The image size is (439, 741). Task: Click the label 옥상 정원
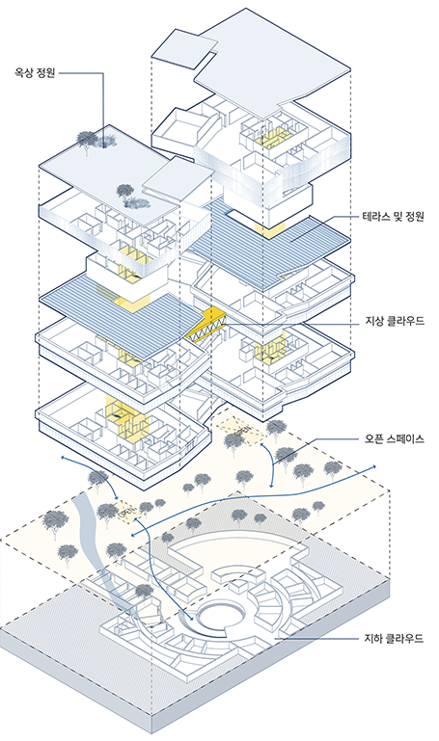35,73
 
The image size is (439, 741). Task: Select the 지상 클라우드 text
395,321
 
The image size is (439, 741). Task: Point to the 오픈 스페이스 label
395,439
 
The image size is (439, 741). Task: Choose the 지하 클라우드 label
394,639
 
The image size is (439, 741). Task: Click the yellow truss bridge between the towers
206,323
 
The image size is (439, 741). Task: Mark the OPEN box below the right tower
239,431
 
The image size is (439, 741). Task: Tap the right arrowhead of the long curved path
374,466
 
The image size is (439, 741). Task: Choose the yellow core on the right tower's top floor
274,136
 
